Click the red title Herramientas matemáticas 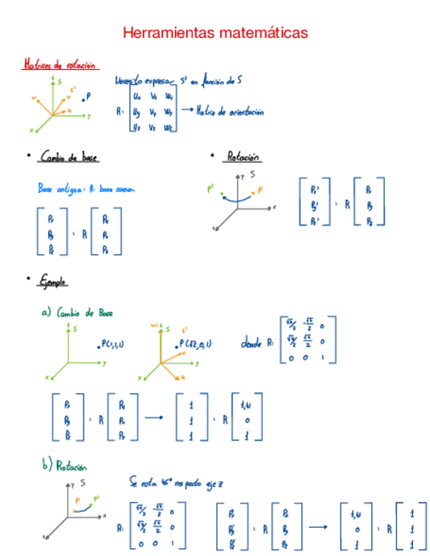(215, 32)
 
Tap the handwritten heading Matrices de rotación (59, 65)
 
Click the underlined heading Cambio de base (69, 157)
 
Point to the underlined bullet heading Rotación (243, 157)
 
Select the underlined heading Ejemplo (53, 281)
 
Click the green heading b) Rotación (64, 466)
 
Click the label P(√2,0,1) (194, 344)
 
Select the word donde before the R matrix (252, 342)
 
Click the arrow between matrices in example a (154, 416)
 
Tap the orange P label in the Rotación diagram (260, 191)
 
